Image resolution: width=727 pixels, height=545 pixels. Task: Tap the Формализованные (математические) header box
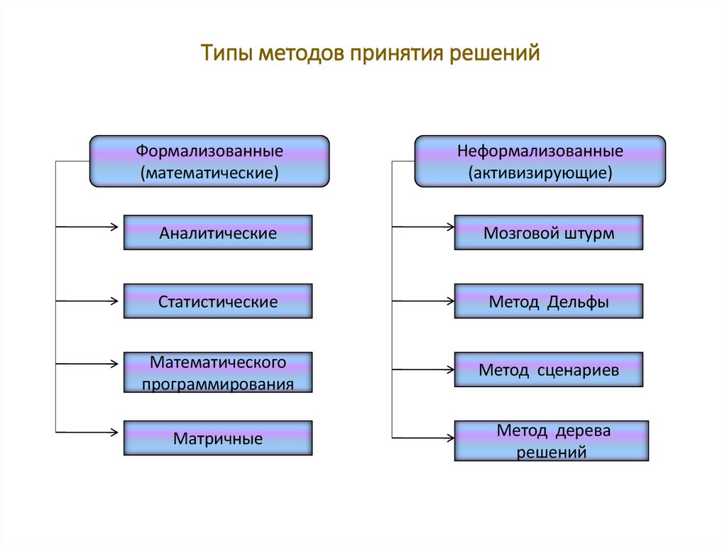click(209, 161)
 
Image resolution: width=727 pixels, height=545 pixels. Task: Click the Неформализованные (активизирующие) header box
click(540, 161)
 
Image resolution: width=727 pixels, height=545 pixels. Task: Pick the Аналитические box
click(218, 233)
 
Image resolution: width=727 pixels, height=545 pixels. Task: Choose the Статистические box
click(218, 302)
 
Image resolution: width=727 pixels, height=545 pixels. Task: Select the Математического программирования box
click(218, 373)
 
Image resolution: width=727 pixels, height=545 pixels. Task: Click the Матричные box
click(218, 438)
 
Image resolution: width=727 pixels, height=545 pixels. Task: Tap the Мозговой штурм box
click(549, 233)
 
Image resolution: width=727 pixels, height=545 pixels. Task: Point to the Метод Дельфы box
click(549, 302)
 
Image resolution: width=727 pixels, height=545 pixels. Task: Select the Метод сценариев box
click(549, 370)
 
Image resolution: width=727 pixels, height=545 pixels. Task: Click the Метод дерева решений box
click(552, 441)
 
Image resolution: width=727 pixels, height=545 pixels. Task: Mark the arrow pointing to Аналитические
click(89, 227)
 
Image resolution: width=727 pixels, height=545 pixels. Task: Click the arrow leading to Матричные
click(89, 431)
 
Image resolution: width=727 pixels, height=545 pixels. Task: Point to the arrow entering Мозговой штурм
click(424, 227)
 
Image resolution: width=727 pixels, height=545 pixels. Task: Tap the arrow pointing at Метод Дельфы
click(424, 301)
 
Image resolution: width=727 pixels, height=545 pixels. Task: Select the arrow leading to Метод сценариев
click(424, 369)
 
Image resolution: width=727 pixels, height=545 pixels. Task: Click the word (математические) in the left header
click(209, 173)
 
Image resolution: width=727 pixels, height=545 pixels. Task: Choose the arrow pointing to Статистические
click(89, 301)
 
